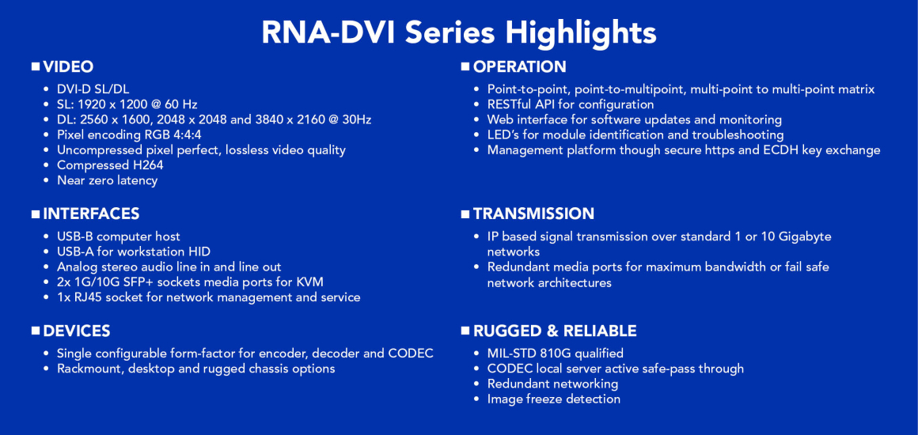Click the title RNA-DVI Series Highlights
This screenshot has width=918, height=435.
pos(459,32)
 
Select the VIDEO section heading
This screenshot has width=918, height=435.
pos(68,67)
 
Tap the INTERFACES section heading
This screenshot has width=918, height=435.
pos(91,214)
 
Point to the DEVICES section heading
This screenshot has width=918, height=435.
pos(77,331)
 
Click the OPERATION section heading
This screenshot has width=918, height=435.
pos(519,67)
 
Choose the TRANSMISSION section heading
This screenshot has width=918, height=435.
pos(533,214)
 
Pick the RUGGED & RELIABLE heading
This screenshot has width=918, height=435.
pos(554,331)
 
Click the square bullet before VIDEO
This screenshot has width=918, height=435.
pos(36,67)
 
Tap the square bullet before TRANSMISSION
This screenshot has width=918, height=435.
pos(465,214)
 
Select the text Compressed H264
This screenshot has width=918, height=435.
pos(110,165)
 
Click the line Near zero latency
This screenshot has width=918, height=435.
pos(107,180)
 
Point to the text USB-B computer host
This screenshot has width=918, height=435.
pos(118,236)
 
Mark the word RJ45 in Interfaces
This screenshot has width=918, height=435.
pos(85,297)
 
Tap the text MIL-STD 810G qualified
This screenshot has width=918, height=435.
pos(555,354)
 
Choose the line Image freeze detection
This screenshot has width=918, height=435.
pos(553,399)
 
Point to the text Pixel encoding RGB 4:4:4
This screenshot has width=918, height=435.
pos(129,135)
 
